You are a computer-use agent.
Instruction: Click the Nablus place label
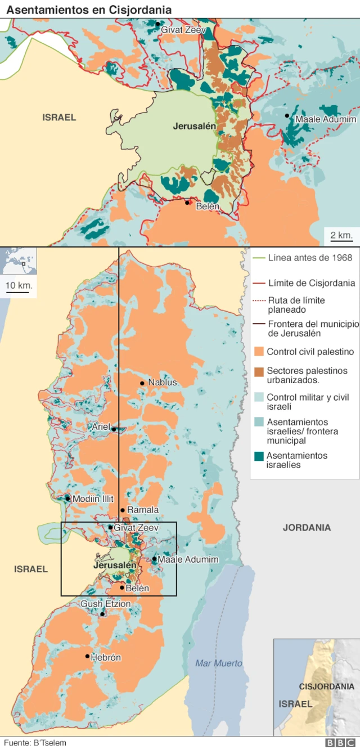162,383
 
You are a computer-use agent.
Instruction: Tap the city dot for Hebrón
87,656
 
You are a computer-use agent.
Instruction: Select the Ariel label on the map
101,427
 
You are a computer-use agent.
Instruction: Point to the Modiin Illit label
93,498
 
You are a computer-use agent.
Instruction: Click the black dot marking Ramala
122,510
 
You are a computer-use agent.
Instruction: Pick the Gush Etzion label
106,604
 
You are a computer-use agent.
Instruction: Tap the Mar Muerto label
219,663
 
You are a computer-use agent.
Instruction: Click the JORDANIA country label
307,528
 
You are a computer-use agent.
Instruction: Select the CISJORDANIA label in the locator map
327,686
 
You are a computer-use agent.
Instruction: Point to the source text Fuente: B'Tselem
35,743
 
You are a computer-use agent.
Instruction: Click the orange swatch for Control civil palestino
259,352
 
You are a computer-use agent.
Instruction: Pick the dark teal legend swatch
259,456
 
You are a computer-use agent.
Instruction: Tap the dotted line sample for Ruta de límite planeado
259,300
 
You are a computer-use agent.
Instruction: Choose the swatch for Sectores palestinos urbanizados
259,371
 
